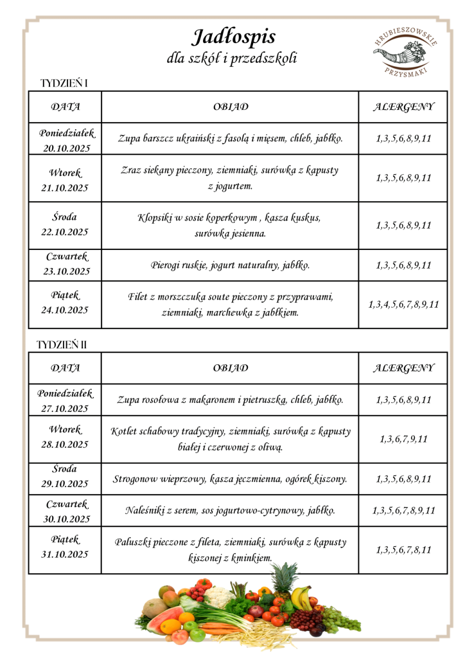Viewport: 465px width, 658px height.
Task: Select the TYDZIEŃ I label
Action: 64,84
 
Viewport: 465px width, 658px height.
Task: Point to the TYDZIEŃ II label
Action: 62,344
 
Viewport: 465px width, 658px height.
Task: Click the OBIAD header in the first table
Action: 231,107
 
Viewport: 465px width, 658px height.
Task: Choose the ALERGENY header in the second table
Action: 403,368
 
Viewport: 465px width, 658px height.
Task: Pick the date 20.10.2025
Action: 66,147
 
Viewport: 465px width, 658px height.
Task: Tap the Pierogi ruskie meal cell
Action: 230,265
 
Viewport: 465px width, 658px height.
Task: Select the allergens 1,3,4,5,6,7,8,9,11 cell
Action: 403,305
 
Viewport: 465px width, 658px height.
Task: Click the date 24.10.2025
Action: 65,310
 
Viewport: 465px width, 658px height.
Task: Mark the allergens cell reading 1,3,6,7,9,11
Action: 403,439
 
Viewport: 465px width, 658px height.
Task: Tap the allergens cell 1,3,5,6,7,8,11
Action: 403,550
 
